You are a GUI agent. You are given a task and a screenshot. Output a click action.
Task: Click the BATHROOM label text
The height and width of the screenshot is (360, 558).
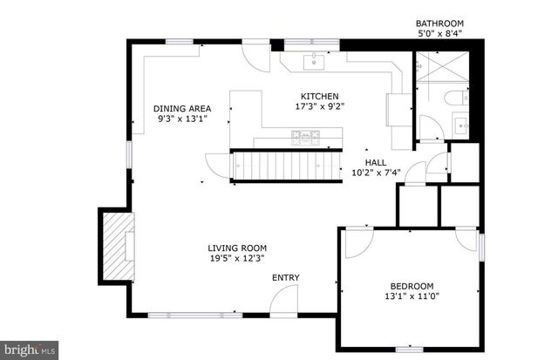pyautogui.click(x=439, y=23)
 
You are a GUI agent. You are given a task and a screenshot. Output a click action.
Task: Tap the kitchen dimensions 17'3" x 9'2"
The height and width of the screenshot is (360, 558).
pyautogui.click(x=319, y=106)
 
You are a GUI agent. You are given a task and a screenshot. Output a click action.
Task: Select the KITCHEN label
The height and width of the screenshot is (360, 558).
pyautogui.click(x=319, y=96)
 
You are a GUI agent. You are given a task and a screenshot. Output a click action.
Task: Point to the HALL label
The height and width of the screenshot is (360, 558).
pyautogui.click(x=375, y=162)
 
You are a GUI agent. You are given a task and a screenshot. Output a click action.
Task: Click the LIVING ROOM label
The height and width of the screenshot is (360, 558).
pyautogui.click(x=237, y=248)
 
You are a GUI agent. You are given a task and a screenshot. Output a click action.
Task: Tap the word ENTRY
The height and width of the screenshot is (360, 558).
pyautogui.click(x=286, y=278)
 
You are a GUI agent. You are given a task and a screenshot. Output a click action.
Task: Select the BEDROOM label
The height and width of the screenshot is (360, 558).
pyautogui.click(x=410, y=285)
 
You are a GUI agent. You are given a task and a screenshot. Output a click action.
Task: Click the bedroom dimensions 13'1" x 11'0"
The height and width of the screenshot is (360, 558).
pyautogui.click(x=410, y=295)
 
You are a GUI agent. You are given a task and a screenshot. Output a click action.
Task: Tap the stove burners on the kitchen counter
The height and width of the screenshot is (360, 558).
pyautogui.click(x=305, y=135)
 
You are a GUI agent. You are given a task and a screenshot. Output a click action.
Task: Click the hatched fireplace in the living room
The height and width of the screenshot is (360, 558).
pyautogui.click(x=115, y=247)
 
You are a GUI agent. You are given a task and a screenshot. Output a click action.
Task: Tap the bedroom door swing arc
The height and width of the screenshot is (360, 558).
pyautogui.click(x=356, y=244)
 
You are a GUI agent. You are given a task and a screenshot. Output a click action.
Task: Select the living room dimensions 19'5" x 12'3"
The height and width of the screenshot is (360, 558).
pyautogui.click(x=237, y=258)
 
